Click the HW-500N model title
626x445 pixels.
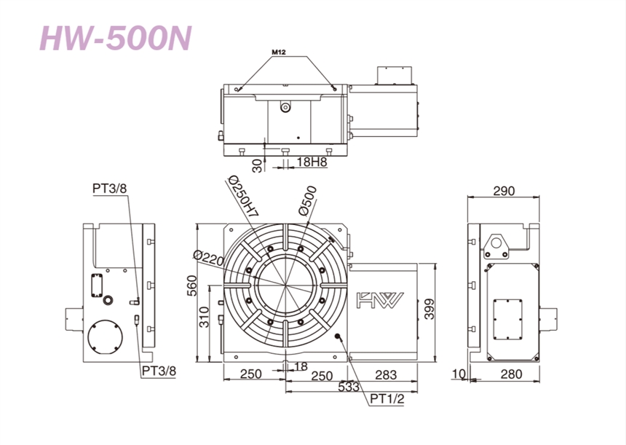click(x=116, y=39)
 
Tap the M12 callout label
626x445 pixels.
click(x=279, y=52)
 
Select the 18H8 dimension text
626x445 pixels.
click(x=312, y=162)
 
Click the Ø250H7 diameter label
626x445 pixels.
click(x=242, y=196)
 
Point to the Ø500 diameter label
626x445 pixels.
click(x=307, y=200)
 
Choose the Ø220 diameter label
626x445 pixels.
click(x=208, y=258)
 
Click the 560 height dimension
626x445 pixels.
click(x=192, y=285)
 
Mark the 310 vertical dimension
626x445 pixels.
click(x=204, y=317)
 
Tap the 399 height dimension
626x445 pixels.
click(x=429, y=309)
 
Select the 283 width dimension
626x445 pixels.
click(x=386, y=374)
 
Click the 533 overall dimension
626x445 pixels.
click(x=349, y=387)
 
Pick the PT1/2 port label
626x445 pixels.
click(x=387, y=398)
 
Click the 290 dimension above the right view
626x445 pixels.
click(x=504, y=191)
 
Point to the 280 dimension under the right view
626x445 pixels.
click(x=511, y=374)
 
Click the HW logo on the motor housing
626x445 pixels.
click(x=380, y=299)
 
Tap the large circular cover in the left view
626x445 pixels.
click(x=105, y=336)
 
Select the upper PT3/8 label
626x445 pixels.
click(x=109, y=188)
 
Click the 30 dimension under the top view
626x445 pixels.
click(x=258, y=165)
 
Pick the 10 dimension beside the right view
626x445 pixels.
click(x=459, y=374)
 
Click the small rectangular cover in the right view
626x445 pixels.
click(x=507, y=320)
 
